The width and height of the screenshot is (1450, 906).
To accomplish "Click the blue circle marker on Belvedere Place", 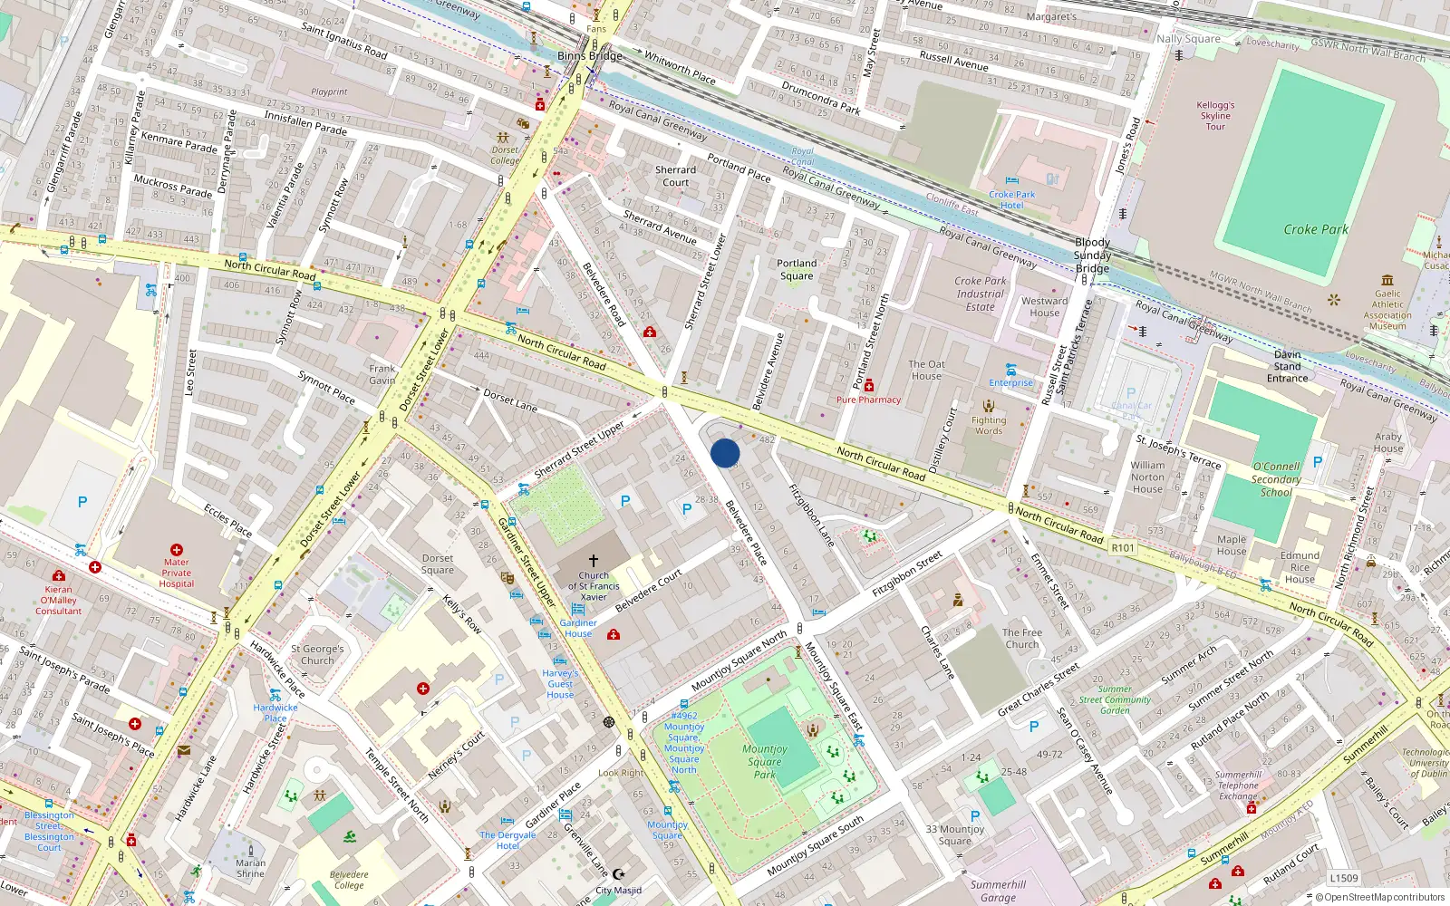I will click(725, 453).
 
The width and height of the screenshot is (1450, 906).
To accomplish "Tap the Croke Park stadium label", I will click(1316, 229).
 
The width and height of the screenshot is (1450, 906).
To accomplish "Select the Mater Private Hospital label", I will click(177, 573).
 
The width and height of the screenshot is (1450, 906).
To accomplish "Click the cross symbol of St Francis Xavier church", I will click(594, 561).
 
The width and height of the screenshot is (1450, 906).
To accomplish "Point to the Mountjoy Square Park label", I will click(765, 761).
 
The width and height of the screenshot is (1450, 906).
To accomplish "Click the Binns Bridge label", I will click(590, 56).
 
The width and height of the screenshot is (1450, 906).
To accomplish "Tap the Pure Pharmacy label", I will click(868, 400).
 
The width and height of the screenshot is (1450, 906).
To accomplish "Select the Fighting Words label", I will click(989, 425).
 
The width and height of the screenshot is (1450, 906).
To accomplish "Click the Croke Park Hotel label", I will click(1012, 199).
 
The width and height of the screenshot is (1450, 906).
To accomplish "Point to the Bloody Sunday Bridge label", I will click(1092, 255).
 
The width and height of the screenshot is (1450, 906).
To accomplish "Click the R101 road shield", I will click(1123, 547).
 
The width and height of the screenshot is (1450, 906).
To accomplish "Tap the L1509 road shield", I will click(1344, 878).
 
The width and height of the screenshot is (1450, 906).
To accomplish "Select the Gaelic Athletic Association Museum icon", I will click(1387, 280).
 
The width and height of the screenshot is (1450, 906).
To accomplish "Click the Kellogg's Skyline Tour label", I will click(1215, 115).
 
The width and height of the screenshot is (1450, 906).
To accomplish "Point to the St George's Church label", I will click(317, 654).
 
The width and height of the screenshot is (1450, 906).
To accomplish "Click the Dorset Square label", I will click(438, 564).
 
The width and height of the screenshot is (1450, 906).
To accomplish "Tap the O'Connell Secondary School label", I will click(1276, 479).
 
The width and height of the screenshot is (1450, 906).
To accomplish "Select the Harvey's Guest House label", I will click(560, 684).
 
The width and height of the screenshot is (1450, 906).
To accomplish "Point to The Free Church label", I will click(1022, 639).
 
